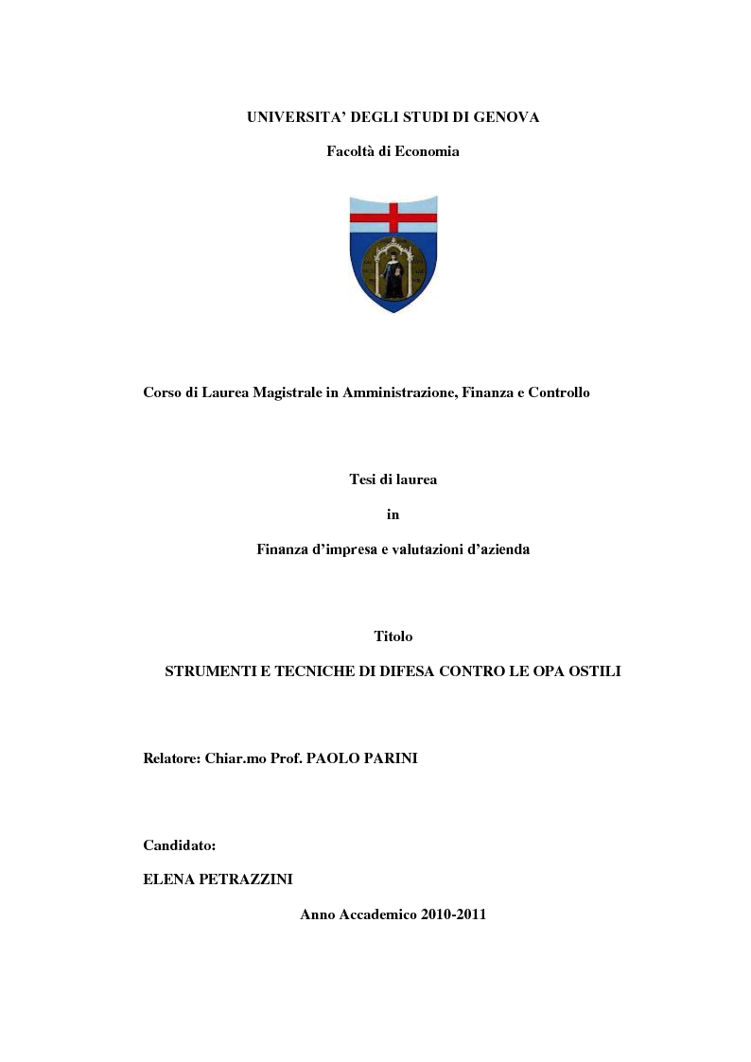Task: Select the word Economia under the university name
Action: point(427,151)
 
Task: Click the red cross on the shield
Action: point(393,217)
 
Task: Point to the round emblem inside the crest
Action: point(393,268)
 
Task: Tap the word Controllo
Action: point(559,392)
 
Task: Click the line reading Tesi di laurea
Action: point(393,479)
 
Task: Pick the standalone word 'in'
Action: point(393,514)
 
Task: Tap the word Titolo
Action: point(393,636)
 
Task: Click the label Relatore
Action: point(171,758)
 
